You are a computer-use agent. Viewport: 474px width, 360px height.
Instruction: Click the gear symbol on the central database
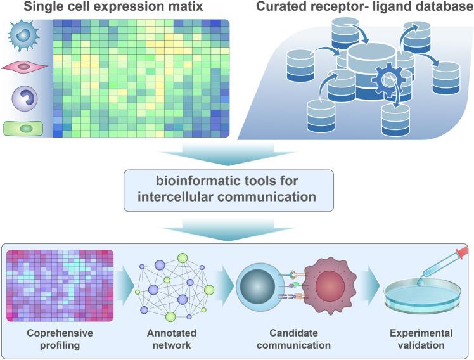pyautogui.click(x=383, y=83)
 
